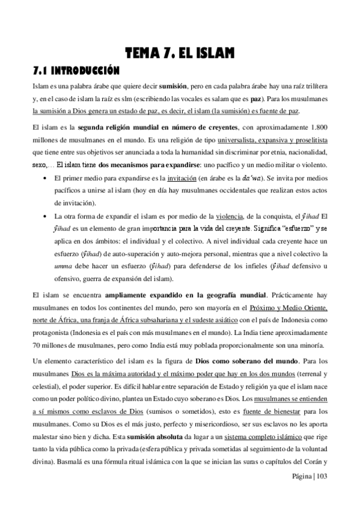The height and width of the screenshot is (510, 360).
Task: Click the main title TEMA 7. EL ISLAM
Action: [180, 55]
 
